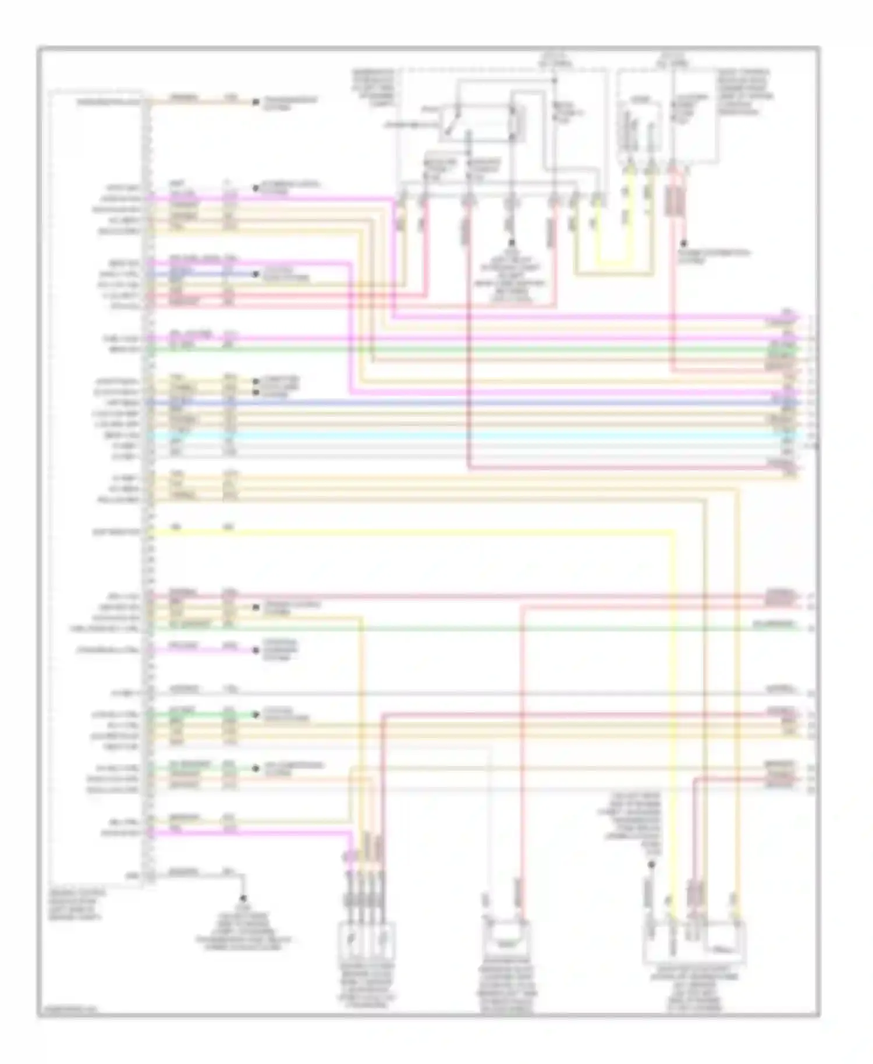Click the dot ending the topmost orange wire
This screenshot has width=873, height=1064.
point(255,102)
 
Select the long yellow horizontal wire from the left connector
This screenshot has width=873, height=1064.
point(407,531)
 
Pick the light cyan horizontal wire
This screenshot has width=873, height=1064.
point(466,435)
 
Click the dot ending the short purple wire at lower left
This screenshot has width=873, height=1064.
point(255,650)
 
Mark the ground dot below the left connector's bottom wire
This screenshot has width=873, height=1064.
point(243,898)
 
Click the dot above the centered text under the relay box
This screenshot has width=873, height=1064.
point(512,242)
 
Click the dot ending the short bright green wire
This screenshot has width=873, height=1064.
point(255,714)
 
